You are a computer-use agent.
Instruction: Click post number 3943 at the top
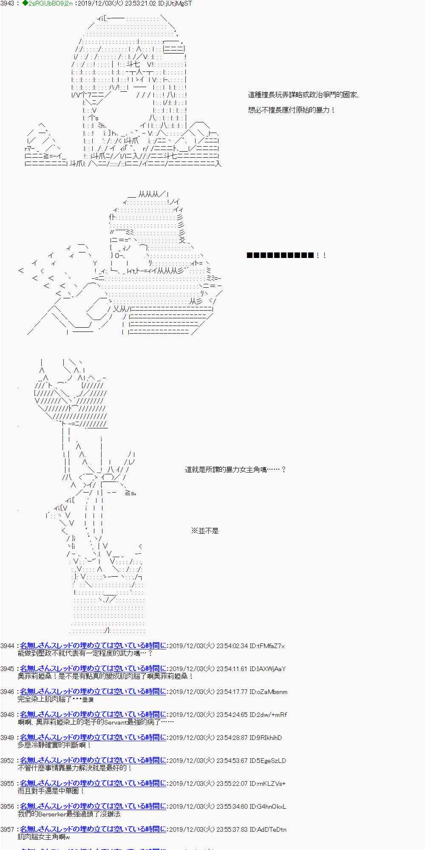tap(7, 3)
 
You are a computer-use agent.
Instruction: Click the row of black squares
tap(280, 255)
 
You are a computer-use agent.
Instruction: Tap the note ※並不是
tap(204, 531)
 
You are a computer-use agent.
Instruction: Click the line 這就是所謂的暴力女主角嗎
tap(235, 470)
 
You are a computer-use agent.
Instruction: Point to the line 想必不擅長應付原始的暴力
tap(292, 110)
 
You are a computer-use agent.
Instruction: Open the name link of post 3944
tap(93, 646)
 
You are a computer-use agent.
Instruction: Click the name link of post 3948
tap(93, 714)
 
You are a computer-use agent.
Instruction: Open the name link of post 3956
tap(93, 806)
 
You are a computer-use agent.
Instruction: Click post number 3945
tap(7, 669)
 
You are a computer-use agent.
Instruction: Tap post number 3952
tap(7, 760)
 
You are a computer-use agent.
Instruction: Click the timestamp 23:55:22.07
tap(232, 783)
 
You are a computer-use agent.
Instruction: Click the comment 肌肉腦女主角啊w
tap(44, 837)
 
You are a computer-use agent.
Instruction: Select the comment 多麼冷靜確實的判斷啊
tap(54, 745)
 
